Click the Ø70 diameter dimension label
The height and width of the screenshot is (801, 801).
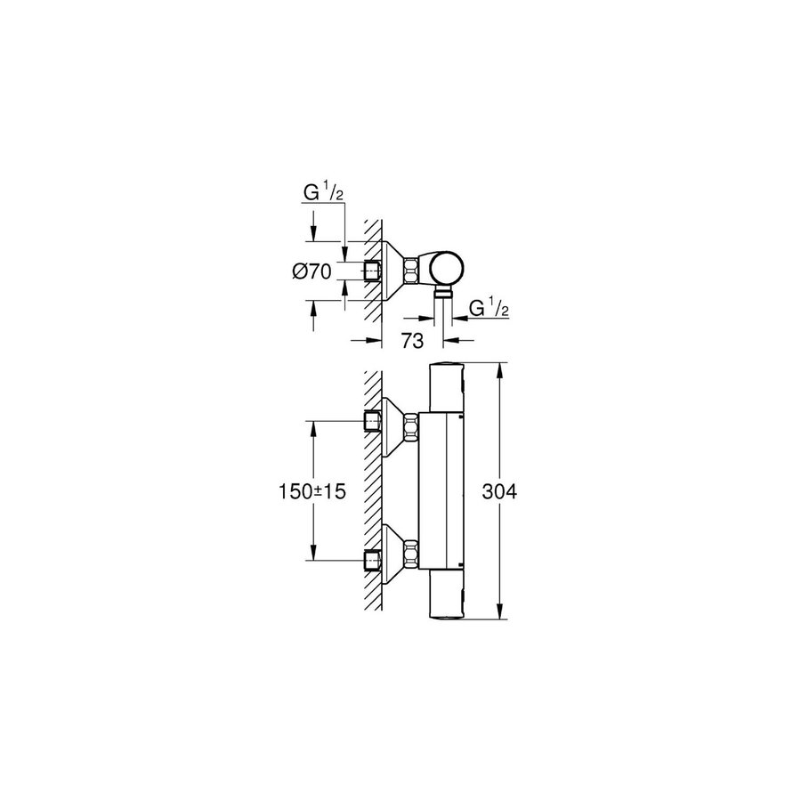311,271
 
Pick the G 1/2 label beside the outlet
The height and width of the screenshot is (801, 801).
488,309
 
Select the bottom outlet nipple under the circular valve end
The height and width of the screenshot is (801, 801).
443,291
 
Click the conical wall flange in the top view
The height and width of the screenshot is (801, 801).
392,270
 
